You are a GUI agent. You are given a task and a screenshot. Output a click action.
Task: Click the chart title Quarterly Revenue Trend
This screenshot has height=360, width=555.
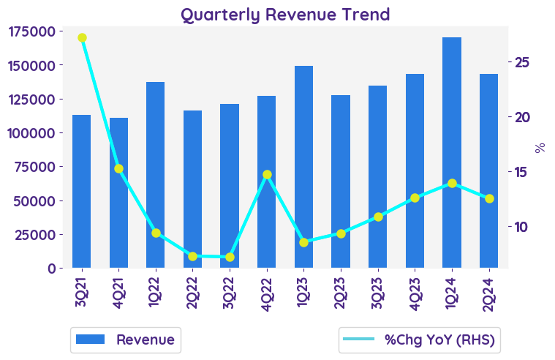pos(285,14)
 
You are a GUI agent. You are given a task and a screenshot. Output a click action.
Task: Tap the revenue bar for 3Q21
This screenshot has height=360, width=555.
pos(82,191)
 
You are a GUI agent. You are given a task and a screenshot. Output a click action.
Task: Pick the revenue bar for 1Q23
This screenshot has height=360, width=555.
pos(303,167)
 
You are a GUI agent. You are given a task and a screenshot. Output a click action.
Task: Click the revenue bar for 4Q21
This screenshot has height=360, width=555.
pos(119,192)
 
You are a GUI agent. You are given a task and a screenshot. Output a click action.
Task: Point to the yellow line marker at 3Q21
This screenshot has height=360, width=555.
pos(82,38)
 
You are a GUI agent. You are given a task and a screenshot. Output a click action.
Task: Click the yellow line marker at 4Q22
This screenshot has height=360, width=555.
pos(267,175)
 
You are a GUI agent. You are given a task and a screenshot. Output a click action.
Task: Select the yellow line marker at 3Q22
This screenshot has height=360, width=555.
pos(230,257)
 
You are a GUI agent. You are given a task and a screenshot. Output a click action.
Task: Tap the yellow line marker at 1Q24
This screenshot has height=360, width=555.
pos(452,183)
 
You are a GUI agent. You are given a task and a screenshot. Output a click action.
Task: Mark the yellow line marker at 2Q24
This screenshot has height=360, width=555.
pos(489,198)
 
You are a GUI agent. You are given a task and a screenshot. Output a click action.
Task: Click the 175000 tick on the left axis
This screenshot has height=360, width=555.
pos(31,31)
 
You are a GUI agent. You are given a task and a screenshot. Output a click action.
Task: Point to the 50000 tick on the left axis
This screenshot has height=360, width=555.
pos(35,200)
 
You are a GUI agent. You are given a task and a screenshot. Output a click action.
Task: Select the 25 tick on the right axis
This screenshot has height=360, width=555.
pos(522,62)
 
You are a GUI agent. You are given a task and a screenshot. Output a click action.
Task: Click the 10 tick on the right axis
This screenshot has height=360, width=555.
pos(522,226)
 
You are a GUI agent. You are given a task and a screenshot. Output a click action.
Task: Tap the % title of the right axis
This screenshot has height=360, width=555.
pos(540,147)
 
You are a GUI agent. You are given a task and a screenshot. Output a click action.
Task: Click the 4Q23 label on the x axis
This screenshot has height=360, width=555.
pos(415,290)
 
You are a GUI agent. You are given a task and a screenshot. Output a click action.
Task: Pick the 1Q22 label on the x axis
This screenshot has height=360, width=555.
pos(156,290)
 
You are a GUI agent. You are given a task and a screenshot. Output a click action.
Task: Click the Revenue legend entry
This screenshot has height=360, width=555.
pos(126,340)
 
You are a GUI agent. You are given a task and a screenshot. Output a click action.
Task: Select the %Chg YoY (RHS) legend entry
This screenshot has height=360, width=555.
pos(420,340)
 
